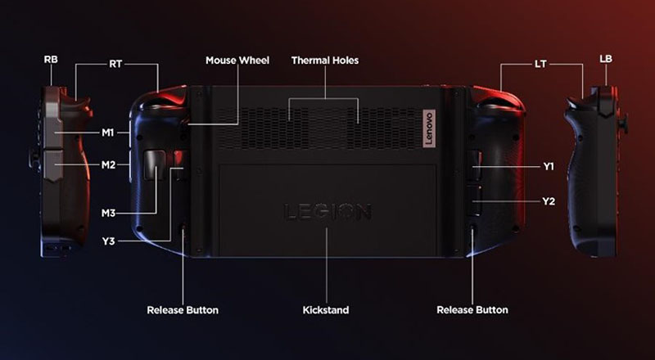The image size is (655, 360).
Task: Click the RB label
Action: [51, 59]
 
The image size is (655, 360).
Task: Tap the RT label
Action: [115, 65]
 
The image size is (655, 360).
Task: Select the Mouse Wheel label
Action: [237, 61]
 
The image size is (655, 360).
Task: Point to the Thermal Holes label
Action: [325, 61]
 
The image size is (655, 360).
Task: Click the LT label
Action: [540, 65]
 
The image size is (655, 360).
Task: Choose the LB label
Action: [606, 59]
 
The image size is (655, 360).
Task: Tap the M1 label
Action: [108, 133]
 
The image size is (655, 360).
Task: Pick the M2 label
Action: [108, 165]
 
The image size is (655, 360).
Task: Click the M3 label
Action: [108, 214]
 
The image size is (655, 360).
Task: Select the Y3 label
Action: [108, 241]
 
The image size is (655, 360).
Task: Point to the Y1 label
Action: [549, 166]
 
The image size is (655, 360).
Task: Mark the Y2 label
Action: [549, 201]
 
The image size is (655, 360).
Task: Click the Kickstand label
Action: [326, 310]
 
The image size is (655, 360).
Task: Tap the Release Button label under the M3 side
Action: [183, 310]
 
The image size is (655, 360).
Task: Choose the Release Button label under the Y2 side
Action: [472, 310]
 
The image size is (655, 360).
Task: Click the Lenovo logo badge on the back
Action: [429, 128]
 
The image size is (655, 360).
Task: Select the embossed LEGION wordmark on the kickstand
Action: [327, 212]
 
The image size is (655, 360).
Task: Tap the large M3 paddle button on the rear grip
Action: [154, 164]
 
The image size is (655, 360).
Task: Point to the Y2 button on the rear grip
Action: [473, 200]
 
